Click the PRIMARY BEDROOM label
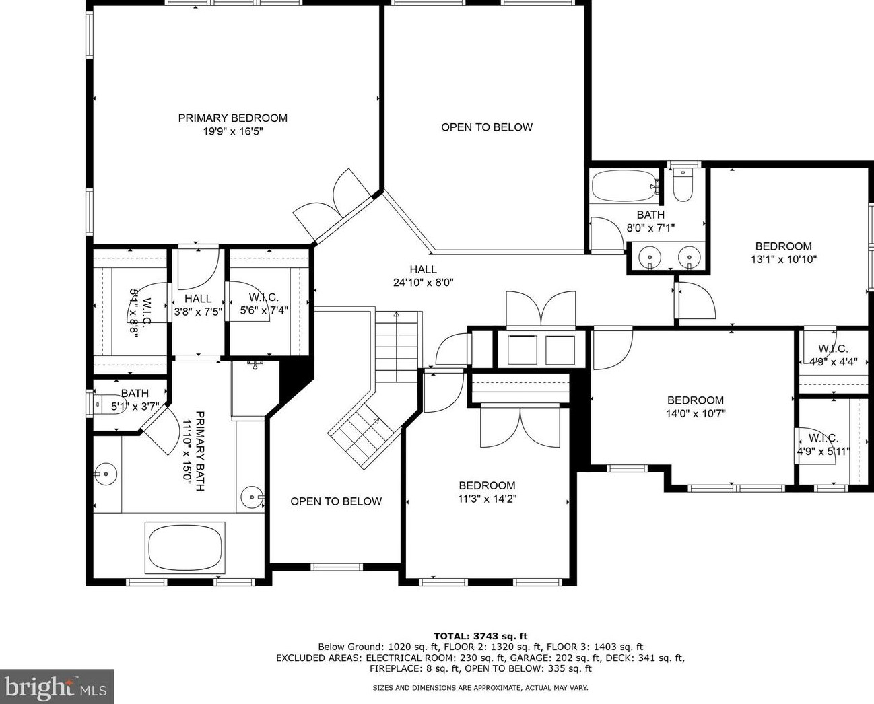[x=233, y=118]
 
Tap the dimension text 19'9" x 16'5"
[x=233, y=131]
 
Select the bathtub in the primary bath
[x=184, y=547]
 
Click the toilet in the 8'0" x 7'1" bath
[x=683, y=186]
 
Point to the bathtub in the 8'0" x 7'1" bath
[x=625, y=186]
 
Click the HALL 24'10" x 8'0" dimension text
[x=423, y=282]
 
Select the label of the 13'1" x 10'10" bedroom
[x=783, y=246]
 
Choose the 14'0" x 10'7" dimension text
[x=696, y=413]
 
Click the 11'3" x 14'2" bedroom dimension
[x=487, y=499]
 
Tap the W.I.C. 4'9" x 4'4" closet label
[x=834, y=355]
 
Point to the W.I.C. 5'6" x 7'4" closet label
[x=264, y=304]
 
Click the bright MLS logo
[x=57, y=687]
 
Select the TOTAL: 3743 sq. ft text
[x=481, y=636]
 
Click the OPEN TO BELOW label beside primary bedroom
[x=487, y=127]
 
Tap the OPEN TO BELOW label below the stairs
[x=336, y=501]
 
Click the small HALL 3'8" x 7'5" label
[x=198, y=305]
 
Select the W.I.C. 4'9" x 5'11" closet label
[x=823, y=445]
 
